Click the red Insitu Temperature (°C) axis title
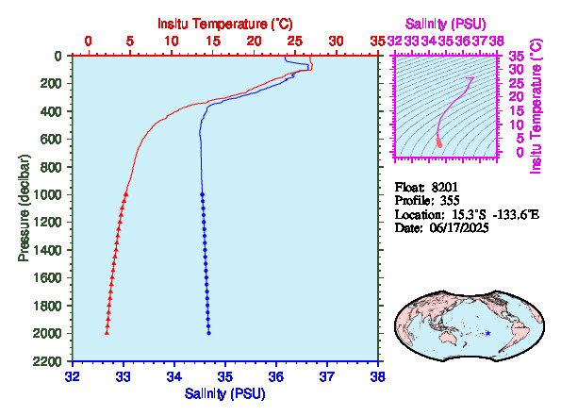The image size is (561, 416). point(225,24)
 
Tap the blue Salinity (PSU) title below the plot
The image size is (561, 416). point(225,393)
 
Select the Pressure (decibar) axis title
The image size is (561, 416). point(24,208)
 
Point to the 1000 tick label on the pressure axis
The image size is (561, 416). point(47,194)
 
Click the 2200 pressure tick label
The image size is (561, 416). point(47,361)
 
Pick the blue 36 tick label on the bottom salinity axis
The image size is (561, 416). point(276,376)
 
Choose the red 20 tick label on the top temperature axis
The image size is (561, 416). point(254,42)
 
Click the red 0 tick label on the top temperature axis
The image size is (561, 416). point(88,42)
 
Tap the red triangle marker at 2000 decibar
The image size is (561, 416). point(107,333)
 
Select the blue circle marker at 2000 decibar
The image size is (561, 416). point(209,333)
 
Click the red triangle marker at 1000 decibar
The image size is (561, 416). point(125,194)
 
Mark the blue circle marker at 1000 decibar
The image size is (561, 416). point(202,194)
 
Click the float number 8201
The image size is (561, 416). point(444,187)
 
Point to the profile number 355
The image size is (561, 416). point(450,200)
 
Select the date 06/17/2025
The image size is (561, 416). point(459,227)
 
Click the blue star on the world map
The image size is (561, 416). point(488,333)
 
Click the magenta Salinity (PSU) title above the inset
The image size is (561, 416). point(445,24)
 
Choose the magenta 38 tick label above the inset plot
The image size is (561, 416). point(497,42)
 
